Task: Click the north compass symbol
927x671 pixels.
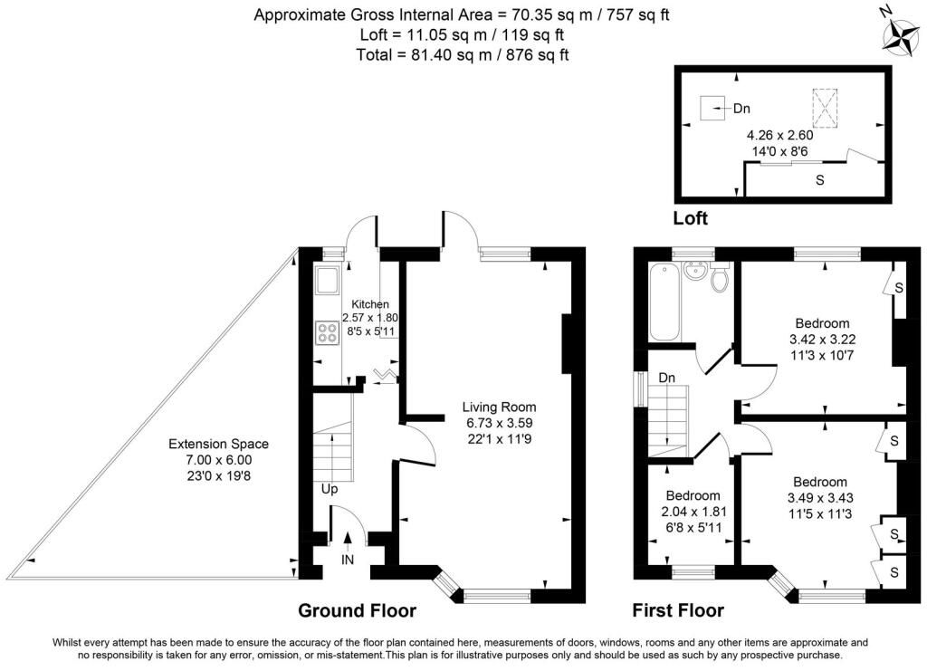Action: coord(901,34)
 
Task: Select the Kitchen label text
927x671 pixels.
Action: coord(370,304)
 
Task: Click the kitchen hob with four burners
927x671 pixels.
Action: coord(326,333)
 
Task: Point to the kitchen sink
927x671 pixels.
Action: coord(326,283)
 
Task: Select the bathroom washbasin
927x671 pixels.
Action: coord(697,270)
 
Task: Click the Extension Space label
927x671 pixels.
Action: coord(219,445)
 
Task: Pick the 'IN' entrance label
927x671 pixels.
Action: coord(348,560)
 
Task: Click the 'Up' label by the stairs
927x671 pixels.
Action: coord(330,489)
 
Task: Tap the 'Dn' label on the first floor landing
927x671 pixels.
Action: coord(667,377)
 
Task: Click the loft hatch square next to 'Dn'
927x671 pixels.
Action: coord(713,109)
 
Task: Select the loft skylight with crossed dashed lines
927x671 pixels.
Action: coord(824,108)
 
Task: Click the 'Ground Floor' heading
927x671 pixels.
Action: coord(357,610)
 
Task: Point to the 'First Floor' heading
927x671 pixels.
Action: coord(677,610)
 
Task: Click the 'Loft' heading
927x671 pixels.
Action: coord(691,218)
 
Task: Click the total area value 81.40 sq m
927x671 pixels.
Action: coord(435,54)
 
